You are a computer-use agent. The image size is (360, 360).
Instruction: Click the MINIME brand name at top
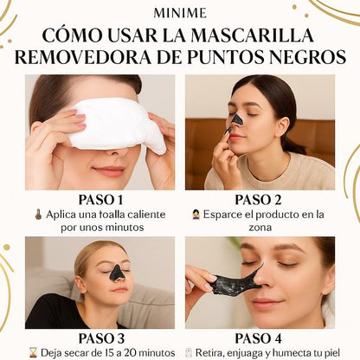(180, 13)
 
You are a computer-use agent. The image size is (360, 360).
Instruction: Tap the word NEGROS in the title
(306, 57)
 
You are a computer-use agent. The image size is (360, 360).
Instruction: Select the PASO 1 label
(100, 200)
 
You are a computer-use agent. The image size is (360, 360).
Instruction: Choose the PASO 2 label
(258, 200)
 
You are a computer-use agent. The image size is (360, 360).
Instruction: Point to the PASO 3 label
(101, 338)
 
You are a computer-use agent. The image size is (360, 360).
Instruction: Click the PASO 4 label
(259, 338)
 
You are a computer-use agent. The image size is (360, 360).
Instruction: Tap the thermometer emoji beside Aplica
(38, 215)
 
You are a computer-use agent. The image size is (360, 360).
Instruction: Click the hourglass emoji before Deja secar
(34, 353)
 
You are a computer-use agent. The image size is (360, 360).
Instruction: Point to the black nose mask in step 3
(117, 273)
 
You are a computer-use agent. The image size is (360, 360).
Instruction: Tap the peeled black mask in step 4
(235, 280)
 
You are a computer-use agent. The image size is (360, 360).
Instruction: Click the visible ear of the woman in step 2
(282, 126)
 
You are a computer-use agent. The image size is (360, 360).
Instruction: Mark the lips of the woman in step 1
(109, 170)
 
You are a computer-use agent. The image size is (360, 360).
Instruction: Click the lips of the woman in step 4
(266, 304)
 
